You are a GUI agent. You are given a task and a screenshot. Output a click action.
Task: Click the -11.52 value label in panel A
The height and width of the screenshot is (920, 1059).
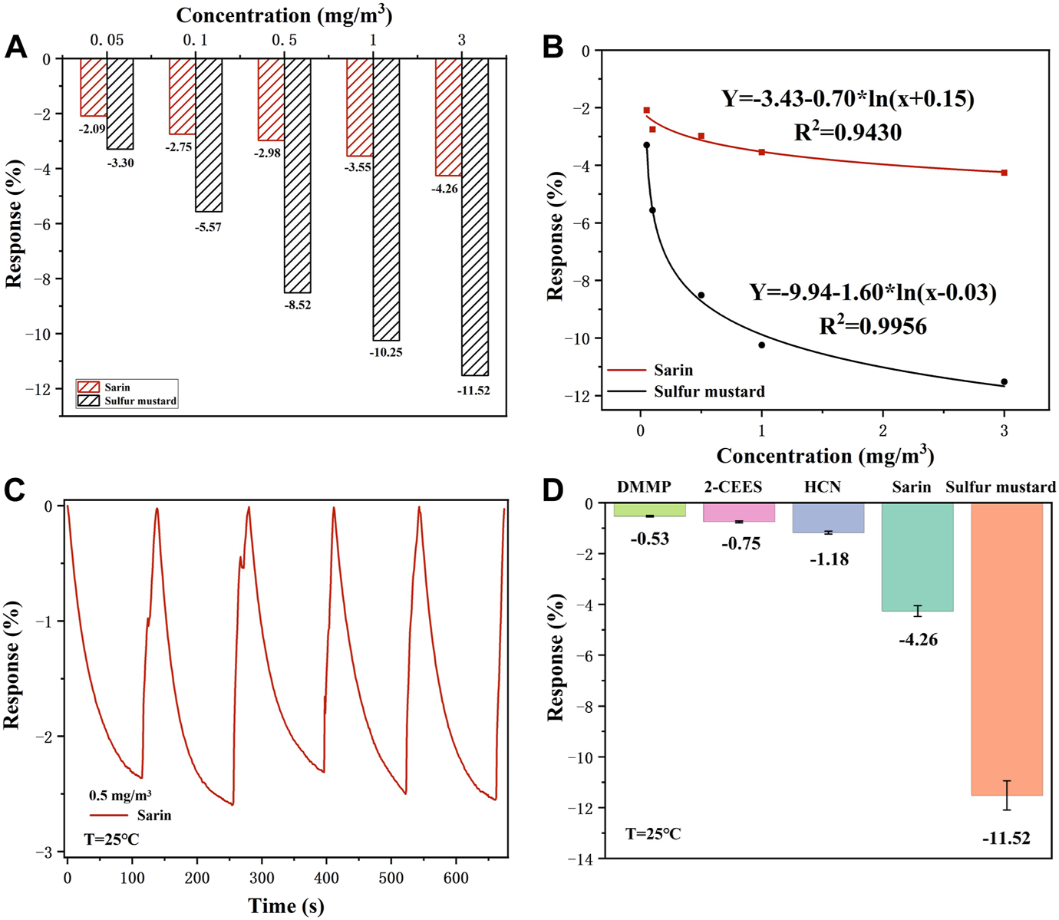point(473,391)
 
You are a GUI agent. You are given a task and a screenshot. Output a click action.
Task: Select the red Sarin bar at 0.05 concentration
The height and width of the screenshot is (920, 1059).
point(94,87)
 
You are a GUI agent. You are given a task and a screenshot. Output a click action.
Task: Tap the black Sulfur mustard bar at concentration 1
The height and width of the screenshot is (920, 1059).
point(386,199)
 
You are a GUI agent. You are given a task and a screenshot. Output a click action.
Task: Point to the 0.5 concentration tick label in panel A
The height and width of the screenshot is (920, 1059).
point(284,40)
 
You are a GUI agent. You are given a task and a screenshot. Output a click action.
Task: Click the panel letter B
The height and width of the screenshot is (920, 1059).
point(553,48)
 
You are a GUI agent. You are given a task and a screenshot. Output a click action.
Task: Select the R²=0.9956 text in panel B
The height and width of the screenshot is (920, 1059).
point(873,326)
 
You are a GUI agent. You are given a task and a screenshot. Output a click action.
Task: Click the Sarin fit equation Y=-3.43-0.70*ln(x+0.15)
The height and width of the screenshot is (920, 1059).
point(847,99)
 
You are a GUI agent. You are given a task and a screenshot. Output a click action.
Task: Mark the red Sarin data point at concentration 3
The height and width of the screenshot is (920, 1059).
point(1004,173)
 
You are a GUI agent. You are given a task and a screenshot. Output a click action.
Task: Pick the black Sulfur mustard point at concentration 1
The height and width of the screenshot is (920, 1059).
point(761,345)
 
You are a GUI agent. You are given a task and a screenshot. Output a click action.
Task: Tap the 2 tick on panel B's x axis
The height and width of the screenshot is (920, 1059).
point(882,431)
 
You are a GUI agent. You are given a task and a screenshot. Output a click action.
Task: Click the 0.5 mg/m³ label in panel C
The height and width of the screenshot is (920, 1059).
point(120,796)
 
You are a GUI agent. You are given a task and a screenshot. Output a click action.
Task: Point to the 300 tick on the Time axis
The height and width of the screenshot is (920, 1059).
point(262,878)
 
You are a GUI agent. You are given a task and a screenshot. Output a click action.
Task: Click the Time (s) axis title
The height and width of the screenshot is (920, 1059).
point(286,906)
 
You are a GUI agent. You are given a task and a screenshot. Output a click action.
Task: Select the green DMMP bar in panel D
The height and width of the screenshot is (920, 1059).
point(650,509)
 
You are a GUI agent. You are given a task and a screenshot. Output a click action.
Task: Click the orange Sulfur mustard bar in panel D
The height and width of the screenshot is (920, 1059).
point(1006,648)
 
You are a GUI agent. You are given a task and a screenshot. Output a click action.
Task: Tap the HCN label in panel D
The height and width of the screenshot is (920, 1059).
point(822,487)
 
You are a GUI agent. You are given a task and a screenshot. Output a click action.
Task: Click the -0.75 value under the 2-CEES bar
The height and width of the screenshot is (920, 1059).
point(741,544)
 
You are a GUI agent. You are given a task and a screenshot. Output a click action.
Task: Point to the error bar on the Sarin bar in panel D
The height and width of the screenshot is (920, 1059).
point(917,611)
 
